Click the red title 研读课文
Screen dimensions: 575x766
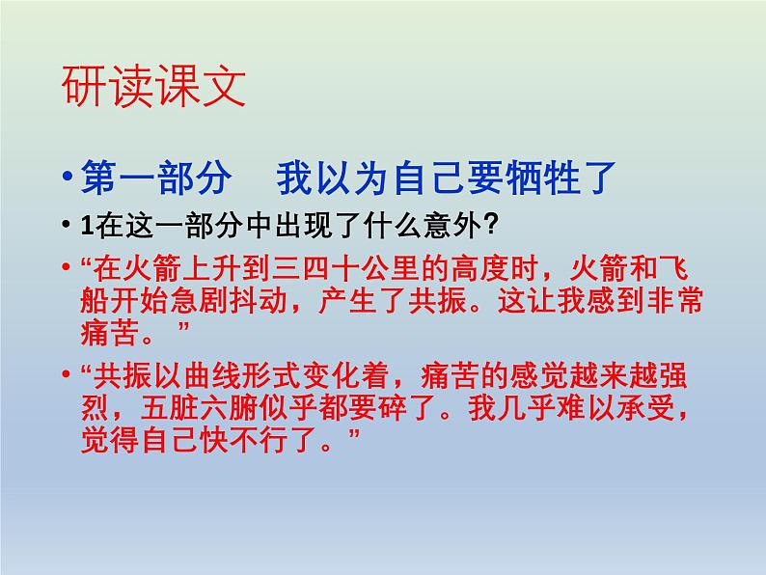point(153,88)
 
